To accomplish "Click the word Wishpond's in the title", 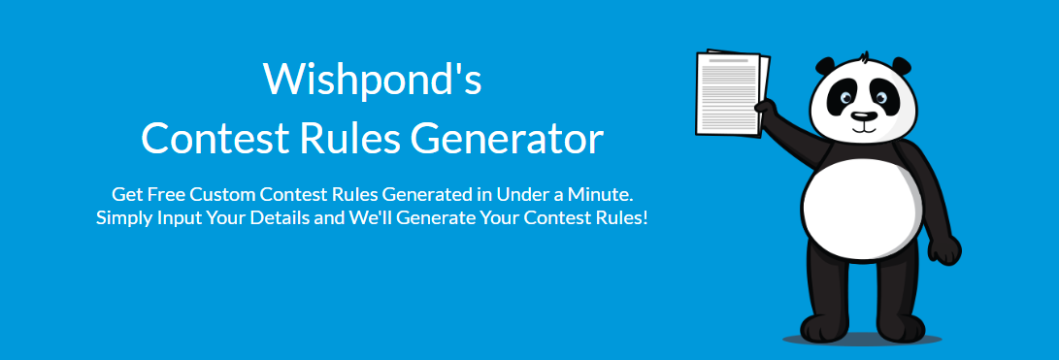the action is (372, 79).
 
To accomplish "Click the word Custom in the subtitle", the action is (222, 194).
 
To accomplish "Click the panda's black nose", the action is (863, 116).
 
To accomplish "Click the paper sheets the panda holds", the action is (732, 92).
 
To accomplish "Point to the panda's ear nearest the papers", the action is (825, 67).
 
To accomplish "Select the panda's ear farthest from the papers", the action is (901, 66).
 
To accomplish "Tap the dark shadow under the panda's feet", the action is (863, 338).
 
